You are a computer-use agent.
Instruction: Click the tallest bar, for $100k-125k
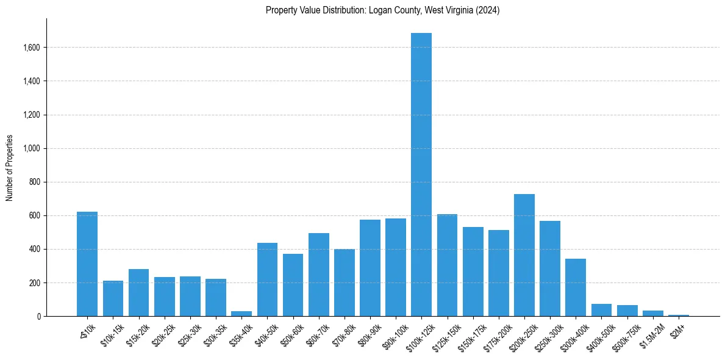(x=421, y=175)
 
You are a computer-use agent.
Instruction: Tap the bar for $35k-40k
(x=241, y=314)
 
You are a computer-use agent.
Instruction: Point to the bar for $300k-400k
(x=576, y=287)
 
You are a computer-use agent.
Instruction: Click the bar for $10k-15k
(x=113, y=298)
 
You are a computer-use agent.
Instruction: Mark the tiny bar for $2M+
(x=679, y=315)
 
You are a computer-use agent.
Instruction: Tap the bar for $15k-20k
(x=138, y=293)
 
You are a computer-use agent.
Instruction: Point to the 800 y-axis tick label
(x=35, y=182)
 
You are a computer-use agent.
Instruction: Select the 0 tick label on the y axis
(x=39, y=317)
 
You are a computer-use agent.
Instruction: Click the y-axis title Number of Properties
(x=9, y=167)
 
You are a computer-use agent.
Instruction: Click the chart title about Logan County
(x=382, y=10)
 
